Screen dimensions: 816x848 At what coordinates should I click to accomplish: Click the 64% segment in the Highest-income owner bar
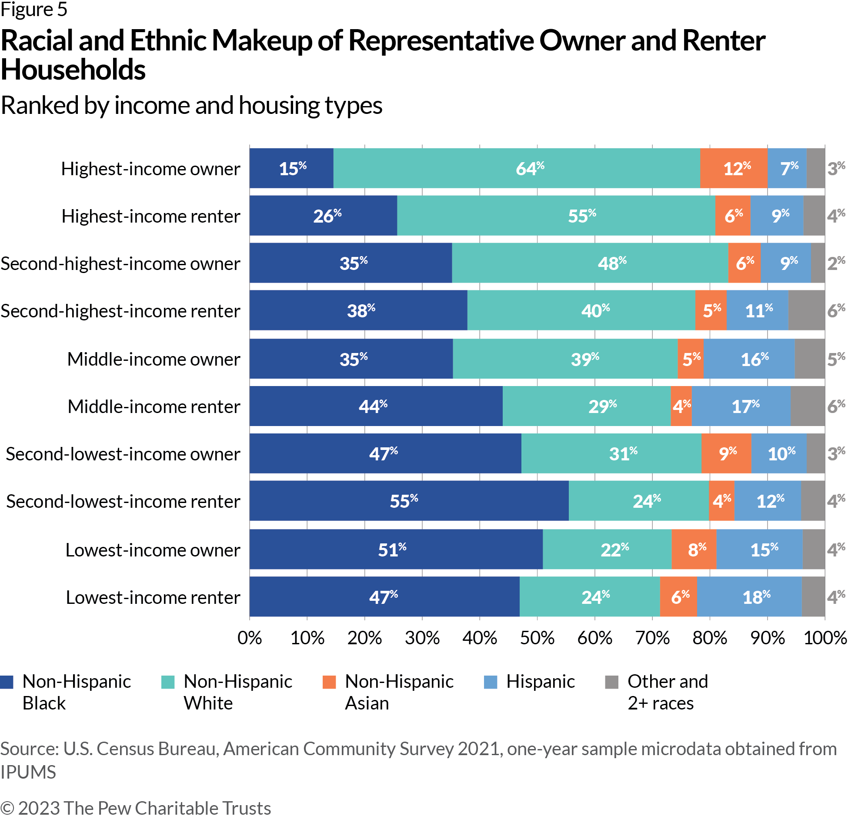[517, 168]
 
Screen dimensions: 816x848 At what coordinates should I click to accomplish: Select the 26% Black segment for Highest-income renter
[323, 216]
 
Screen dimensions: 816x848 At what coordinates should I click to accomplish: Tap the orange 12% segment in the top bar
[734, 168]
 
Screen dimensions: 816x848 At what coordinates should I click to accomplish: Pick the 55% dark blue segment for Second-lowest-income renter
[409, 501]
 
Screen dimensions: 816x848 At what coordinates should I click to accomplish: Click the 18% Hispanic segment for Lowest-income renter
[749, 597]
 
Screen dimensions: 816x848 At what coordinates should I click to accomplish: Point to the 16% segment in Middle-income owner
[749, 359]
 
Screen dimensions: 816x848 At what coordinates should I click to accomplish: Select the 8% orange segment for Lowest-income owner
[694, 550]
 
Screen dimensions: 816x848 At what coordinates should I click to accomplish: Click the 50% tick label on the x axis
[537, 638]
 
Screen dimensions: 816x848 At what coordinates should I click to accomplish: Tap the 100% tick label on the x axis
[825, 638]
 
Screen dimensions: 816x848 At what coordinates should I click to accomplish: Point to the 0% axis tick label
[250, 638]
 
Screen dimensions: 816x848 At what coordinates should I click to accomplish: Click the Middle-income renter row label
[154, 406]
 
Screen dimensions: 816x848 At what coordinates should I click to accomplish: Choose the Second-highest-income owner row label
[120, 263]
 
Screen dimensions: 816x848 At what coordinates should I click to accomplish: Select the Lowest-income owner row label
[153, 550]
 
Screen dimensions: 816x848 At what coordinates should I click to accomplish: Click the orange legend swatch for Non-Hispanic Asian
[329, 682]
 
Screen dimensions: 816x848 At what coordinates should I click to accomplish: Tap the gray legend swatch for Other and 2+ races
[612, 682]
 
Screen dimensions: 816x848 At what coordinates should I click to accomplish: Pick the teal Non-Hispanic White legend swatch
[168, 682]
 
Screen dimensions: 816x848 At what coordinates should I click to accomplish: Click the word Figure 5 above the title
[34, 10]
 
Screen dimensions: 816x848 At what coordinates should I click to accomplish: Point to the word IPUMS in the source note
[28, 772]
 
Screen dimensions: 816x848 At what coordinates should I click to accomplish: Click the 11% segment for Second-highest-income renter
[758, 310]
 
